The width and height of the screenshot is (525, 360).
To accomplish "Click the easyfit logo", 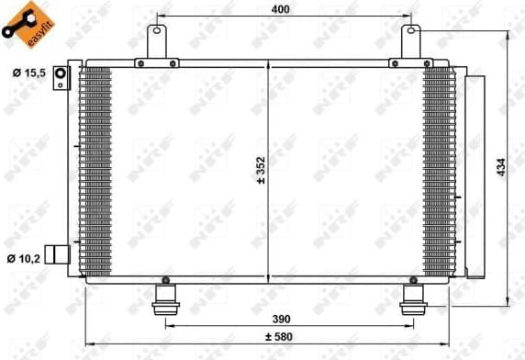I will [x=27, y=25].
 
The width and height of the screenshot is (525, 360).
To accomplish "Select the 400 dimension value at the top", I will [x=282, y=8].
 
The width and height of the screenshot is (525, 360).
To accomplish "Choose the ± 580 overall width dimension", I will [x=283, y=336].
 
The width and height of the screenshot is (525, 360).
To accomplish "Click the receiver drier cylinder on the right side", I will [x=476, y=174].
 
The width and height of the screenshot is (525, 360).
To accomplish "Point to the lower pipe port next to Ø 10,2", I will [x=60, y=254].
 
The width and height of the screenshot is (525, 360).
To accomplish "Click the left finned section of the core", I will [x=95, y=170].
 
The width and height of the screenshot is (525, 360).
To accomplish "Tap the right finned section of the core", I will [x=438, y=170].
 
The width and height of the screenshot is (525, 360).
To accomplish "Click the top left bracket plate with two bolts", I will [x=157, y=63].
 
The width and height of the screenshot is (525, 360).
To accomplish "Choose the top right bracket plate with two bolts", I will [x=409, y=63].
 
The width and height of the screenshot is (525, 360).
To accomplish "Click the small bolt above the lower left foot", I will [x=165, y=280].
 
